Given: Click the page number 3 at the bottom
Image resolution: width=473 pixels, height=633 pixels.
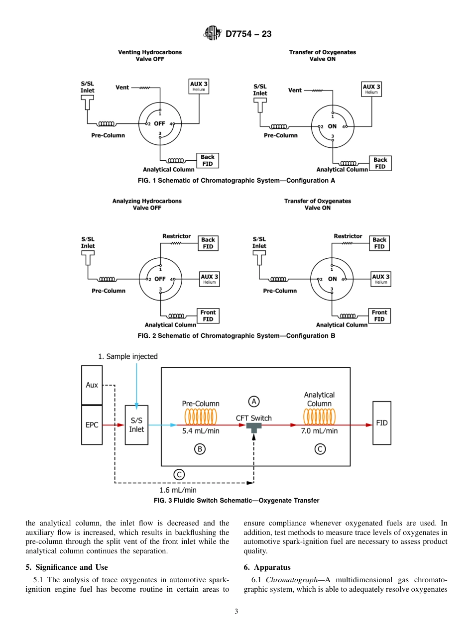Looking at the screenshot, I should click(236, 611).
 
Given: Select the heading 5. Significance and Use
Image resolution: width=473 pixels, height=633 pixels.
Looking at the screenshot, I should click(67, 567).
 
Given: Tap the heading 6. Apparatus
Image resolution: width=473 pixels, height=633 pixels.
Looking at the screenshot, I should click(267, 567).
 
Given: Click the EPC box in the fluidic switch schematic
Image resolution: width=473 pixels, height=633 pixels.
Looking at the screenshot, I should click(92, 425).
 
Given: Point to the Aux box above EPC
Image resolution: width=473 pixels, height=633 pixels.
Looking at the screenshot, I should click(92, 385).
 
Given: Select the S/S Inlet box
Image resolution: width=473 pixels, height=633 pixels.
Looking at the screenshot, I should click(136, 425).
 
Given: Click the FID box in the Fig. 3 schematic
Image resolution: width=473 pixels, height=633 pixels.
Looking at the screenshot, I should click(382, 423).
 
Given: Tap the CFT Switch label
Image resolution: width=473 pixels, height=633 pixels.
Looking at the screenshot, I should click(254, 418).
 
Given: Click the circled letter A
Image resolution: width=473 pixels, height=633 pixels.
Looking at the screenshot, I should click(254, 401).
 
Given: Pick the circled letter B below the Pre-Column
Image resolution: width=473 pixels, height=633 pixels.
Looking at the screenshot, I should click(199, 449).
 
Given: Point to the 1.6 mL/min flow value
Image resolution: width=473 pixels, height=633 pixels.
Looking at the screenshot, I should click(178, 490).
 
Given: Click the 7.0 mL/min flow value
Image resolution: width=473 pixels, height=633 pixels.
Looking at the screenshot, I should click(319, 431).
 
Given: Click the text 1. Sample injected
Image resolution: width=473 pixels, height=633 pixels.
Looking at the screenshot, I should click(128, 356).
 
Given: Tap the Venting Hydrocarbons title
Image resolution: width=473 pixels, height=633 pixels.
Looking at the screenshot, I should click(150, 52).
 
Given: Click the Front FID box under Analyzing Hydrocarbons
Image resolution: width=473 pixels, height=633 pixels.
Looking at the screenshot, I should click(208, 316).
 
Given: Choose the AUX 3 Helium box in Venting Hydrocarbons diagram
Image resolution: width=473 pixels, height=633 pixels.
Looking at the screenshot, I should click(199, 87).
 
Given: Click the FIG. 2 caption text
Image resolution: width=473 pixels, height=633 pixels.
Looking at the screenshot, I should click(236, 336).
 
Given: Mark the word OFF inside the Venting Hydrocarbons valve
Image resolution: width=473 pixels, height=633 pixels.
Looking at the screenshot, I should click(159, 123).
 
